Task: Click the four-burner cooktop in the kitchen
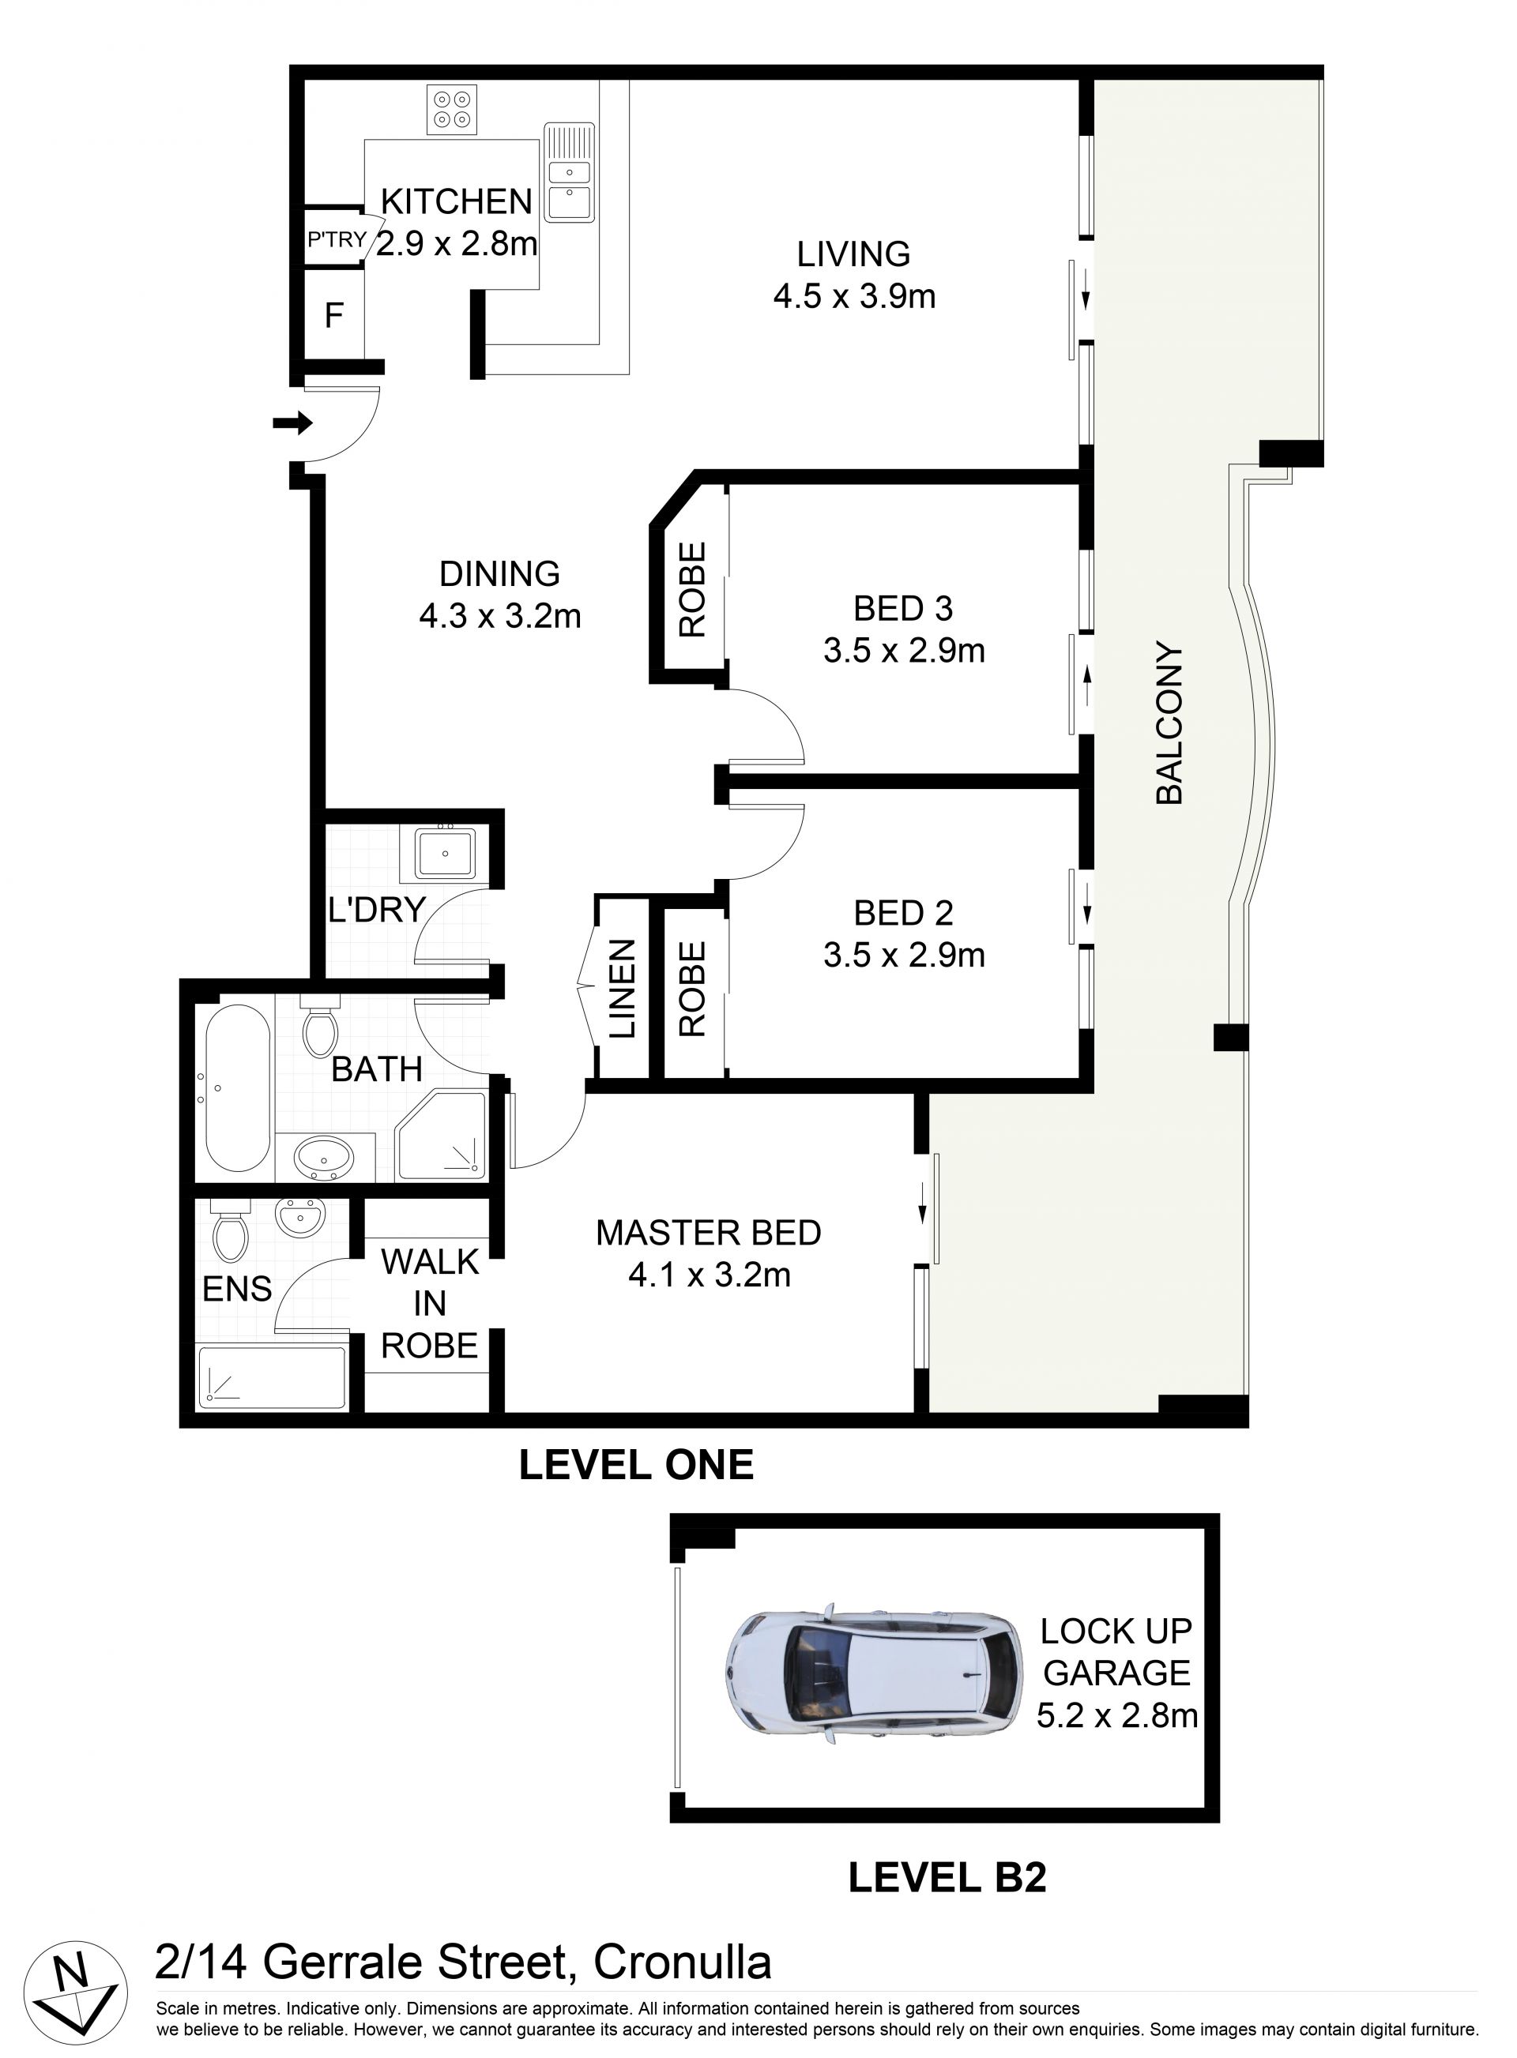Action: coord(452,110)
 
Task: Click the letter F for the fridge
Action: coord(334,316)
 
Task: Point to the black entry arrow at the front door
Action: coord(293,424)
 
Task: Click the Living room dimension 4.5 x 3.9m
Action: coord(854,296)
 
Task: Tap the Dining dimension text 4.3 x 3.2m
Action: coord(500,616)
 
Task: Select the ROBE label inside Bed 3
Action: coord(692,589)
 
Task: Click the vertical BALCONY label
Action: coord(1169,723)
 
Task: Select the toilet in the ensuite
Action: coord(230,1230)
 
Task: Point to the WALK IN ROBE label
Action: coord(430,1304)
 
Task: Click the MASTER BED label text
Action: coord(708,1233)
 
